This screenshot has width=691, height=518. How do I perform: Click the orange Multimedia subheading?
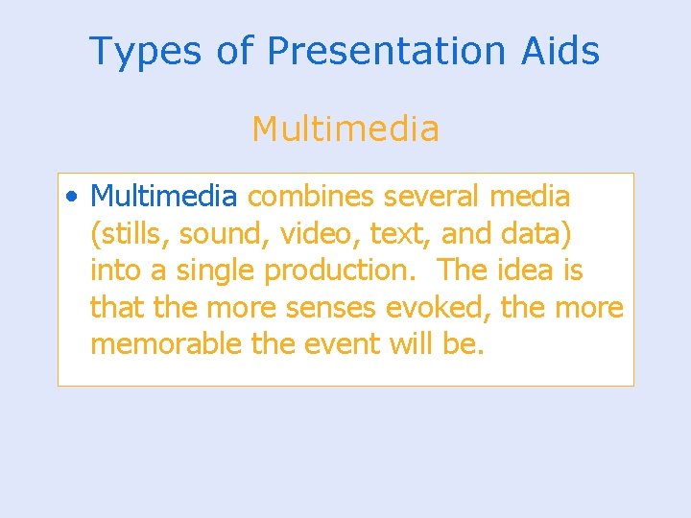coord(345,128)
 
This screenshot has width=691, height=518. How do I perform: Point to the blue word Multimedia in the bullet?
coord(163,197)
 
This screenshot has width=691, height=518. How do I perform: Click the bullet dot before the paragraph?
coord(73,198)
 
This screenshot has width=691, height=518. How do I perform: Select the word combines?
coord(311,197)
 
